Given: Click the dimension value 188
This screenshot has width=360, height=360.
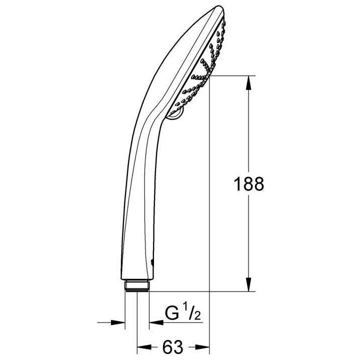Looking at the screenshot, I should point(249,184).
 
